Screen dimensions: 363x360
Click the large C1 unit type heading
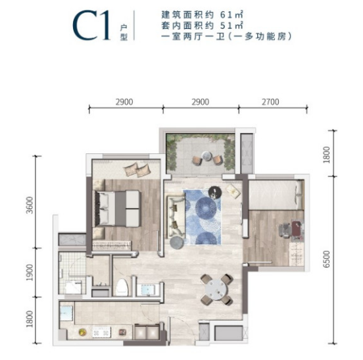click(91, 26)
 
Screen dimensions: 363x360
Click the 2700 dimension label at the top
click(270, 102)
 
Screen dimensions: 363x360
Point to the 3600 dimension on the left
click(30, 205)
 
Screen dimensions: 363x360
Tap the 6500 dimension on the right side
click(326, 259)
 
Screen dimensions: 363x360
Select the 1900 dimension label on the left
click(30, 272)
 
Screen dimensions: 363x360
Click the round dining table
click(216, 290)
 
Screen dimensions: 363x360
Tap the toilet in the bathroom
click(122, 288)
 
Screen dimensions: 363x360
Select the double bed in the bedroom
click(116, 208)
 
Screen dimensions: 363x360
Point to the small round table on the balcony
click(206, 156)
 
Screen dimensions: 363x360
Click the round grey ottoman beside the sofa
click(177, 243)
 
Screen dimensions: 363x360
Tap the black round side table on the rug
click(215, 192)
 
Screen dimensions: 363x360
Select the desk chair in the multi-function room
click(285, 230)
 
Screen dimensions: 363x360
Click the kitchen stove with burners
click(101, 332)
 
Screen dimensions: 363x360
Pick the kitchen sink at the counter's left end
click(66, 313)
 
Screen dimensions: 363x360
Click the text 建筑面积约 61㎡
click(203, 15)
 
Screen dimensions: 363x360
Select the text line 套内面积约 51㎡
click(203, 26)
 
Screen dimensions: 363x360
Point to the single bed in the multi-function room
click(276, 195)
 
